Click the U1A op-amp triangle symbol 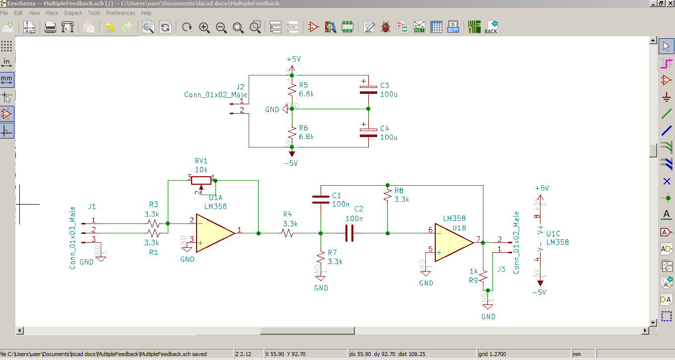coord(213,233)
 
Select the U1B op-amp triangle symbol coord(453,242)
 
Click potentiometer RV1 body coord(202,180)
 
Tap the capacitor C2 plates coord(349,233)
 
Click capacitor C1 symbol coord(321,200)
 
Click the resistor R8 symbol coord(387,195)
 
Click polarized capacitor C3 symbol coord(368,89)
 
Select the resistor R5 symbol coord(292,89)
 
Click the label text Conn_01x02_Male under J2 coord(215,95)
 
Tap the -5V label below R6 coord(290,163)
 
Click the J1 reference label coord(92,206)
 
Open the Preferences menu coord(121,13)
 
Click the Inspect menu coord(73,13)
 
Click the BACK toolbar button coord(490,27)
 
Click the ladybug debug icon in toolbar coord(386,27)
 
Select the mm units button coord(7,79)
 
